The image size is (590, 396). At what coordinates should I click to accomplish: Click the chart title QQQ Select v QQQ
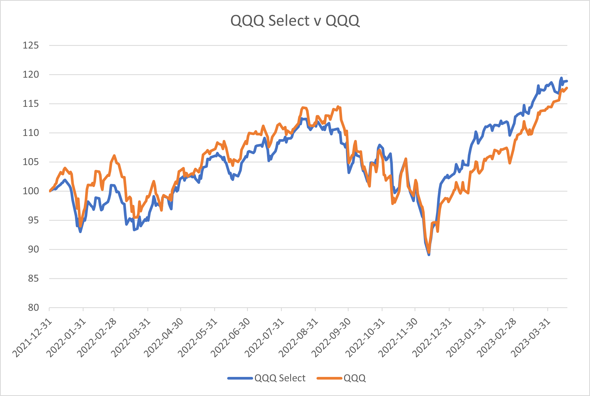[295, 21]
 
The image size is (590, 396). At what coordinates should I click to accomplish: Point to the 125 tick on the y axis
[31, 46]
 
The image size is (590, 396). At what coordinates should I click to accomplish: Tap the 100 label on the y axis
[31, 191]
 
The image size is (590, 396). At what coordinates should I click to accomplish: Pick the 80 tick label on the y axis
[33, 308]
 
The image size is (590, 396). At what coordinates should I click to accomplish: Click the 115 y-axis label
[31, 104]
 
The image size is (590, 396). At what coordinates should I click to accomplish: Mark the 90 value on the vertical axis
[33, 249]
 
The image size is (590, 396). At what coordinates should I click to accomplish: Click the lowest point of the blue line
[429, 255]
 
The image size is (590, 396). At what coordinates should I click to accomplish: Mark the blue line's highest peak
[561, 78]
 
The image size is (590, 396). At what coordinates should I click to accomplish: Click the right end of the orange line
[567, 88]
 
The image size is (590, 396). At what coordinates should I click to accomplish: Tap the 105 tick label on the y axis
[31, 162]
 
